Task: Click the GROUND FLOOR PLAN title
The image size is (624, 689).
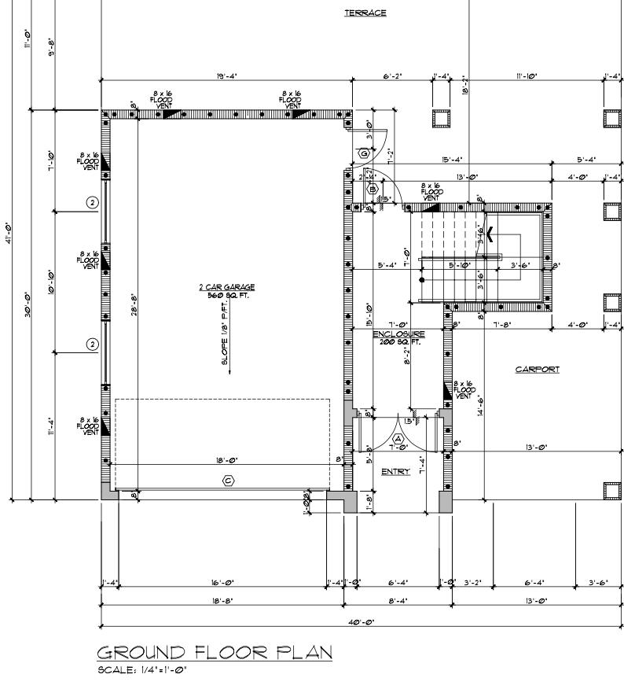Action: [214, 652]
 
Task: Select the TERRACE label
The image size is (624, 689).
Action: [365, 13]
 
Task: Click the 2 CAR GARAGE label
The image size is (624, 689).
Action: [226, 287]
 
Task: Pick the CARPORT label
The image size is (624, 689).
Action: [538, 370]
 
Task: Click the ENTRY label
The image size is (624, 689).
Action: [395, 472]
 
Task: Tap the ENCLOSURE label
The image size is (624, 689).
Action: [398, 334]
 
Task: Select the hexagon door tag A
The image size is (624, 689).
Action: [398, 438]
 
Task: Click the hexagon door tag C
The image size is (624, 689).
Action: [229, 480]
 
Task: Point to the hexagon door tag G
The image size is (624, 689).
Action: [364, 153]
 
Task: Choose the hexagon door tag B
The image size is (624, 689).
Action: [373, 190]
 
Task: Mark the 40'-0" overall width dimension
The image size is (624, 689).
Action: [361, 621]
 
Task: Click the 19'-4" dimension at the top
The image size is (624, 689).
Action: [227, 76]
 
